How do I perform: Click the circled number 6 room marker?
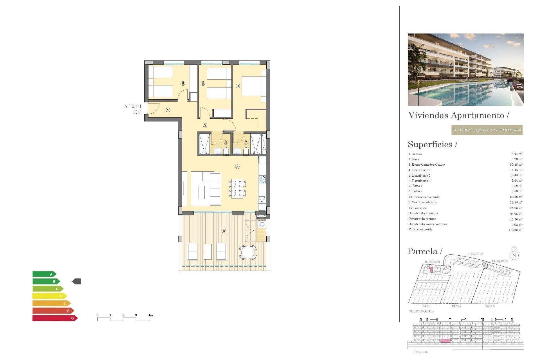click(183, 84)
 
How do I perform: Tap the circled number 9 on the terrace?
click(224, 231)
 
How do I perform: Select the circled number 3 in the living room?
click(237, 167)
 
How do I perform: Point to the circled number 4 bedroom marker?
click(238, 86)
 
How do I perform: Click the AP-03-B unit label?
click(132, 106)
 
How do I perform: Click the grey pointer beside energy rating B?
click(76, 281)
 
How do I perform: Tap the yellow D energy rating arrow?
click(49, 296)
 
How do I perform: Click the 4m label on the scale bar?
click(150, 315)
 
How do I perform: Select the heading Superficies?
click(430, 144)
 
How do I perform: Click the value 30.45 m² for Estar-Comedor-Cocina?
click(516, 165)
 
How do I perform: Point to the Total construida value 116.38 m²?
click(515, 230)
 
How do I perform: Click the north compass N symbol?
click(514, 255)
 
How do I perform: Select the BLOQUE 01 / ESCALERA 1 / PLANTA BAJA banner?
click(487, 130)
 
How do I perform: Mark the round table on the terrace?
click(248, 252)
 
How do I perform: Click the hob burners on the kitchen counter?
click(262, 179)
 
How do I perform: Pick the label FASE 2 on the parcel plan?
click(456, 306)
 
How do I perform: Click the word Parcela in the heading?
click(422, 251)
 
